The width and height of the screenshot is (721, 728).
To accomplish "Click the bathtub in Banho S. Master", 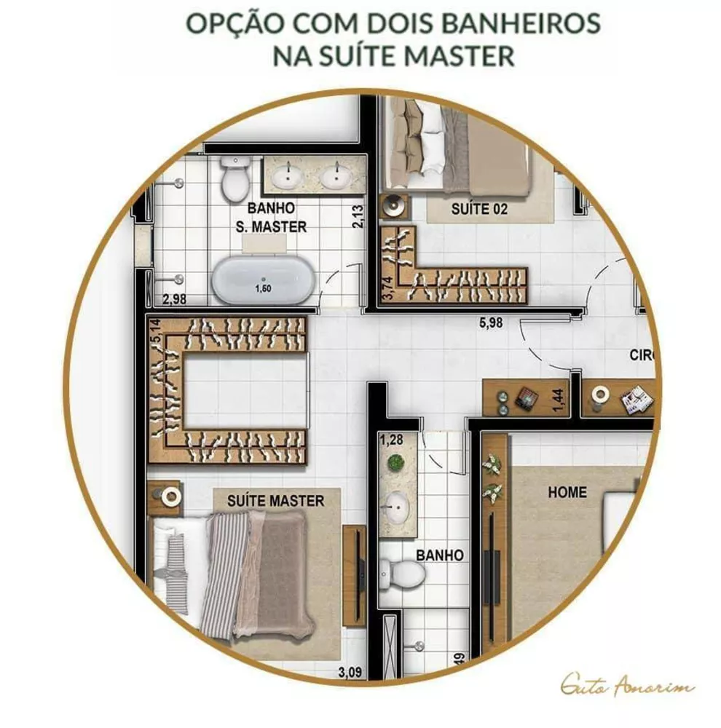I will tap(263, 280).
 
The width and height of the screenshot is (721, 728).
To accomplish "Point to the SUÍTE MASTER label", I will tap(275, 501).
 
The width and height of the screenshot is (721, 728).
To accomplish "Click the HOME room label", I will tap(567, 492).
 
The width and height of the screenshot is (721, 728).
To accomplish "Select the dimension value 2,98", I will tap(175, 298).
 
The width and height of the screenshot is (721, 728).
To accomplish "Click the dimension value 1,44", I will tap(559, 400).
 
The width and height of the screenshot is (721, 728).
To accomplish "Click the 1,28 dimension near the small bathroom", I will tap(391, 439).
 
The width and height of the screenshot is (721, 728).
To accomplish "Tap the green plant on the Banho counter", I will tap(396, 462).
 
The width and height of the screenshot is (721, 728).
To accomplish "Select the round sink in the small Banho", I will tap(398, 502).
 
